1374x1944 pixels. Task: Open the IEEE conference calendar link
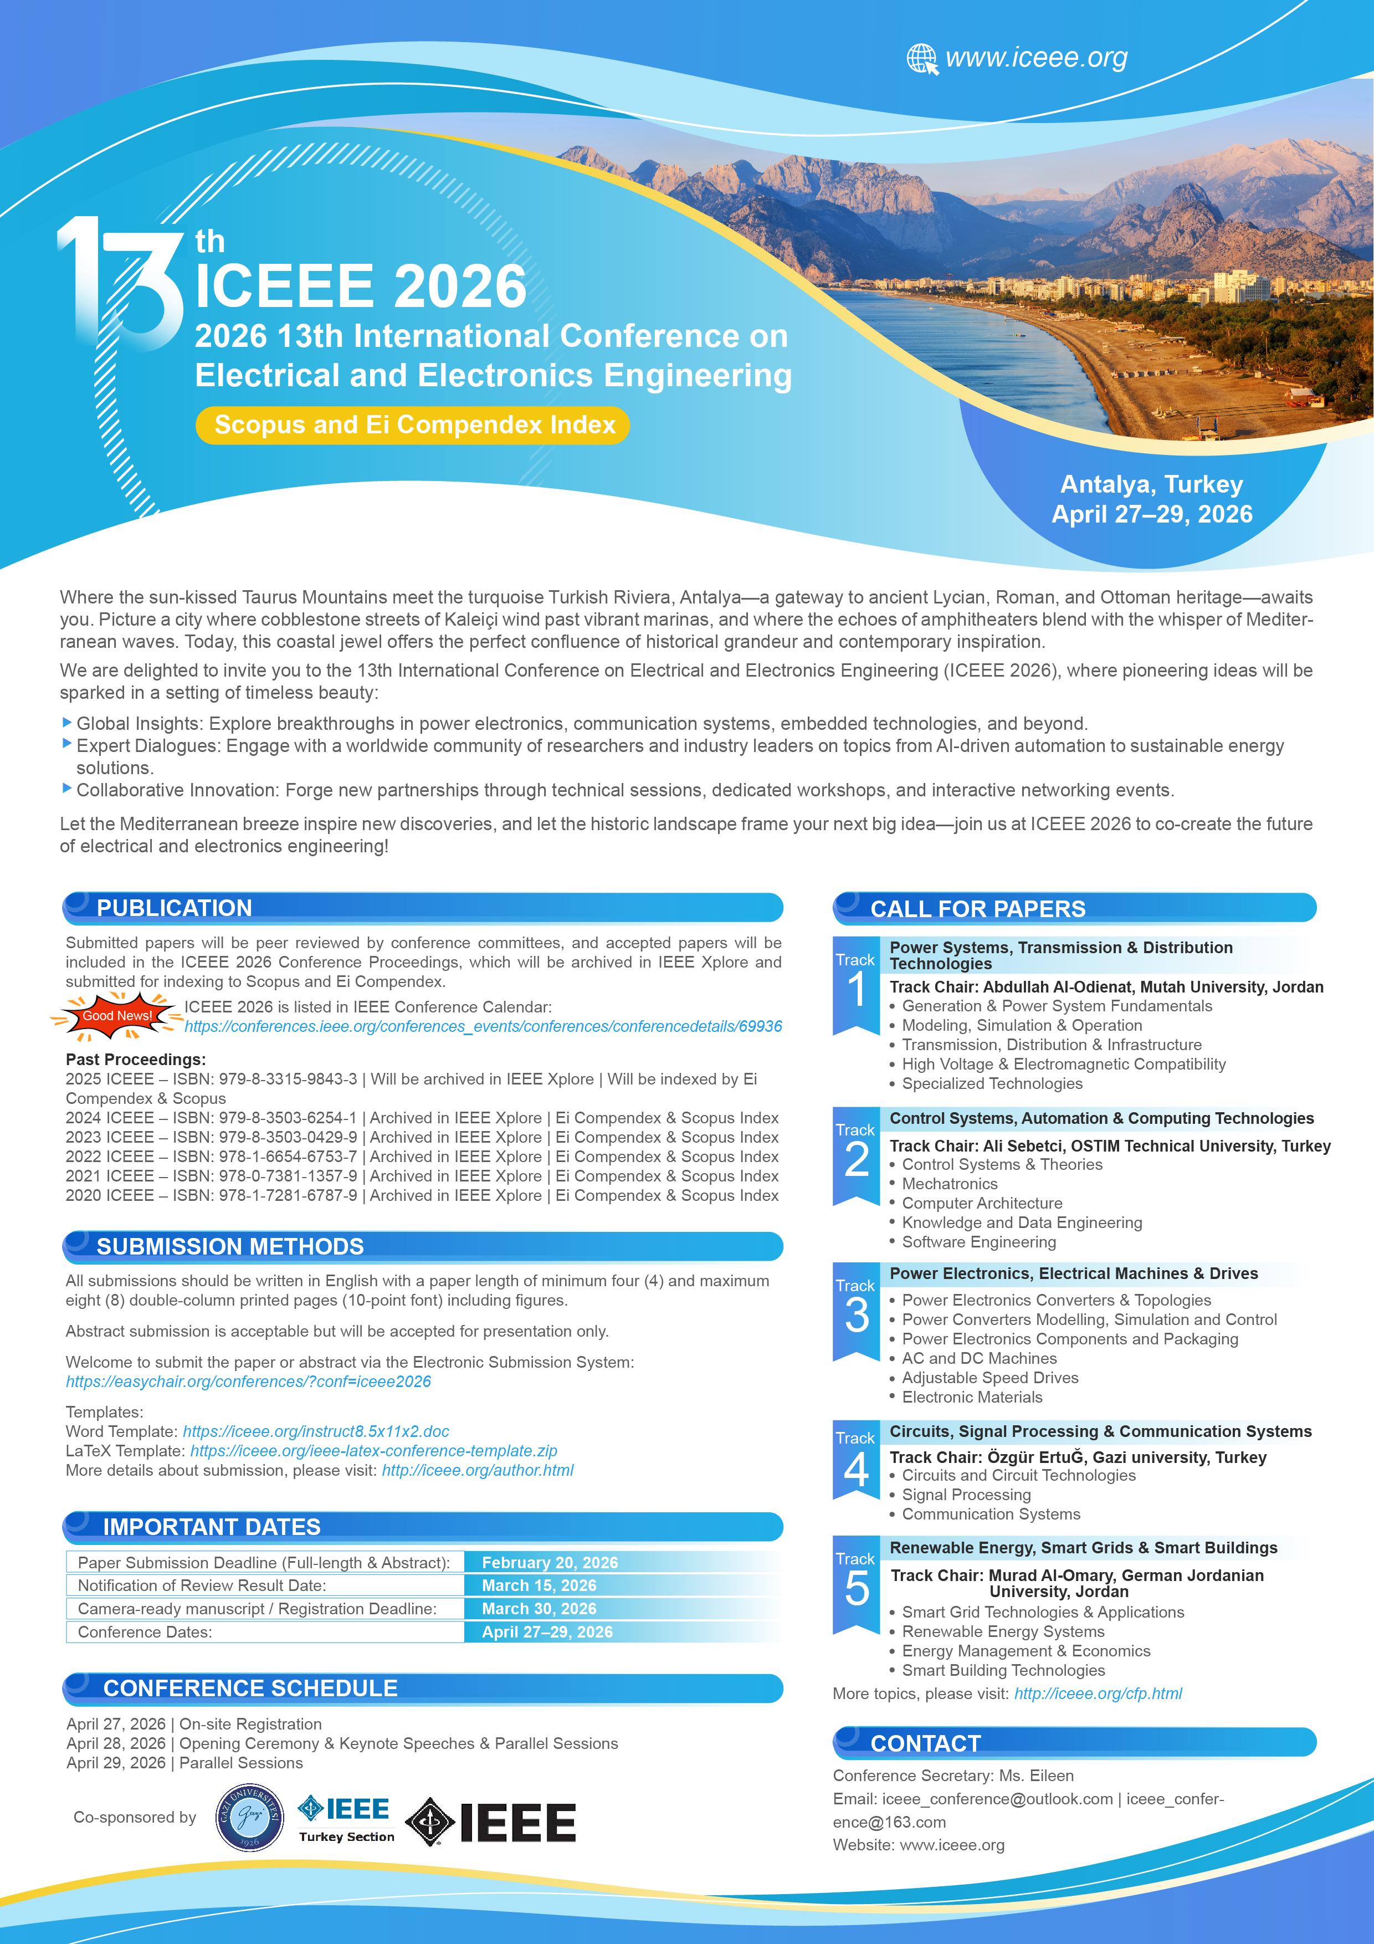click(483, 1027)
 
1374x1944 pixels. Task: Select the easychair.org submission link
click(248, 1382)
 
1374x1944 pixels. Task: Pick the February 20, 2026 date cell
click(550, 1563)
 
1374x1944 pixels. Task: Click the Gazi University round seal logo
click(250, 1817)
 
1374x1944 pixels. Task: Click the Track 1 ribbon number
click(857, 989)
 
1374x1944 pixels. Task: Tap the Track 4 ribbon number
click(857, 1469)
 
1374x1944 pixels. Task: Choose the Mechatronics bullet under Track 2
click(949, 1184)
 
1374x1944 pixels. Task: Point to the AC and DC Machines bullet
click(978, 1359)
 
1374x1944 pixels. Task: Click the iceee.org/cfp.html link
click(1098, 1694)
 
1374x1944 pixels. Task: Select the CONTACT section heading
click(925, 1744)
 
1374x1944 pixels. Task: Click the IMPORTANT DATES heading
click(212, 1527)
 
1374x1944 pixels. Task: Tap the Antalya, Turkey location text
click(1151, 484)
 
